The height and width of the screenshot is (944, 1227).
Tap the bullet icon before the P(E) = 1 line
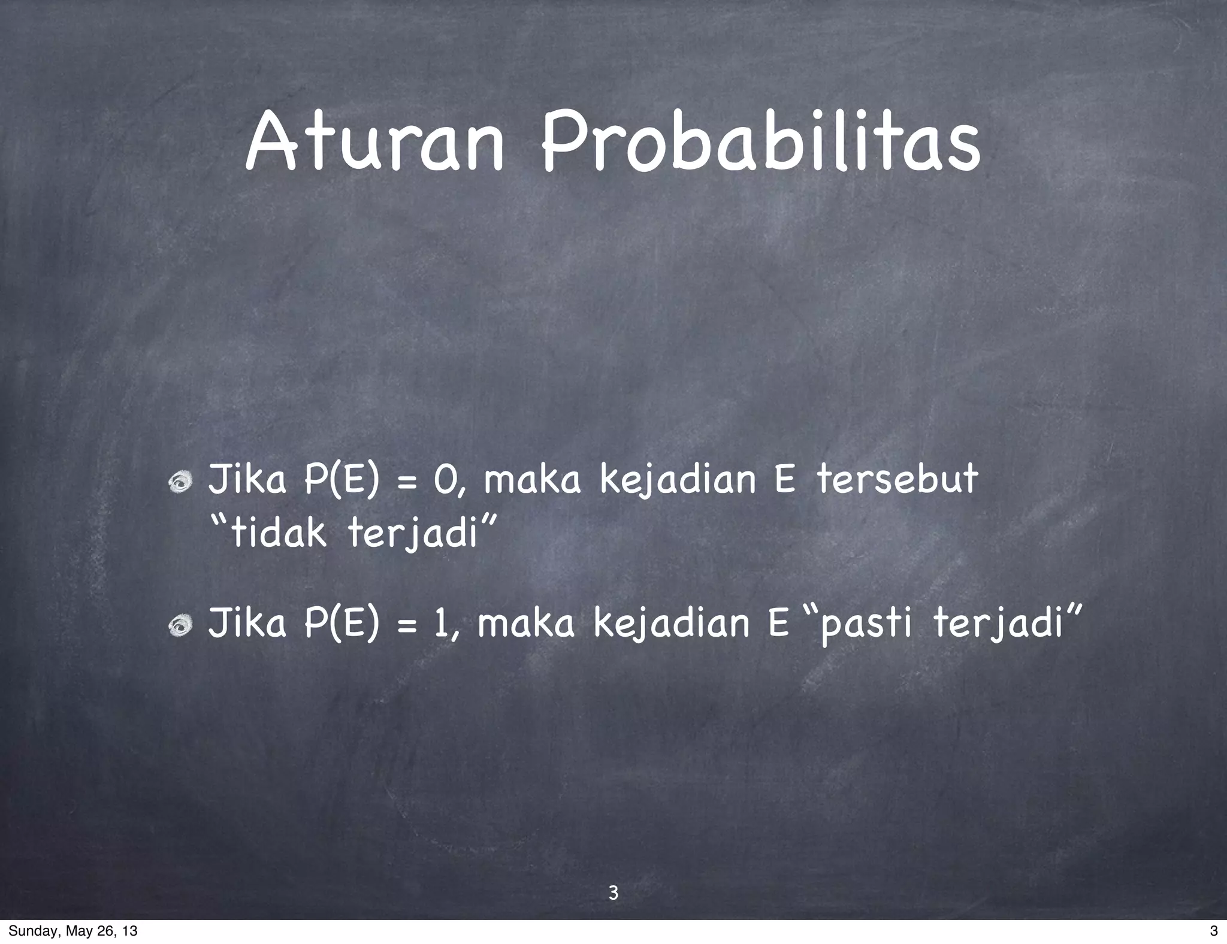[179, 625]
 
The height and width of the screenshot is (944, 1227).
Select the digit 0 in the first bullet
[445, 480]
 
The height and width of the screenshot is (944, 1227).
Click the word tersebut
[897, 480]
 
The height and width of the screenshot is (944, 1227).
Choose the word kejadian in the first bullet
[678, 482]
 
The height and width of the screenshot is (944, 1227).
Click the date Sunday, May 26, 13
[72, 931]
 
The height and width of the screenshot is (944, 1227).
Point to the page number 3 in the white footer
[1214, 931]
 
